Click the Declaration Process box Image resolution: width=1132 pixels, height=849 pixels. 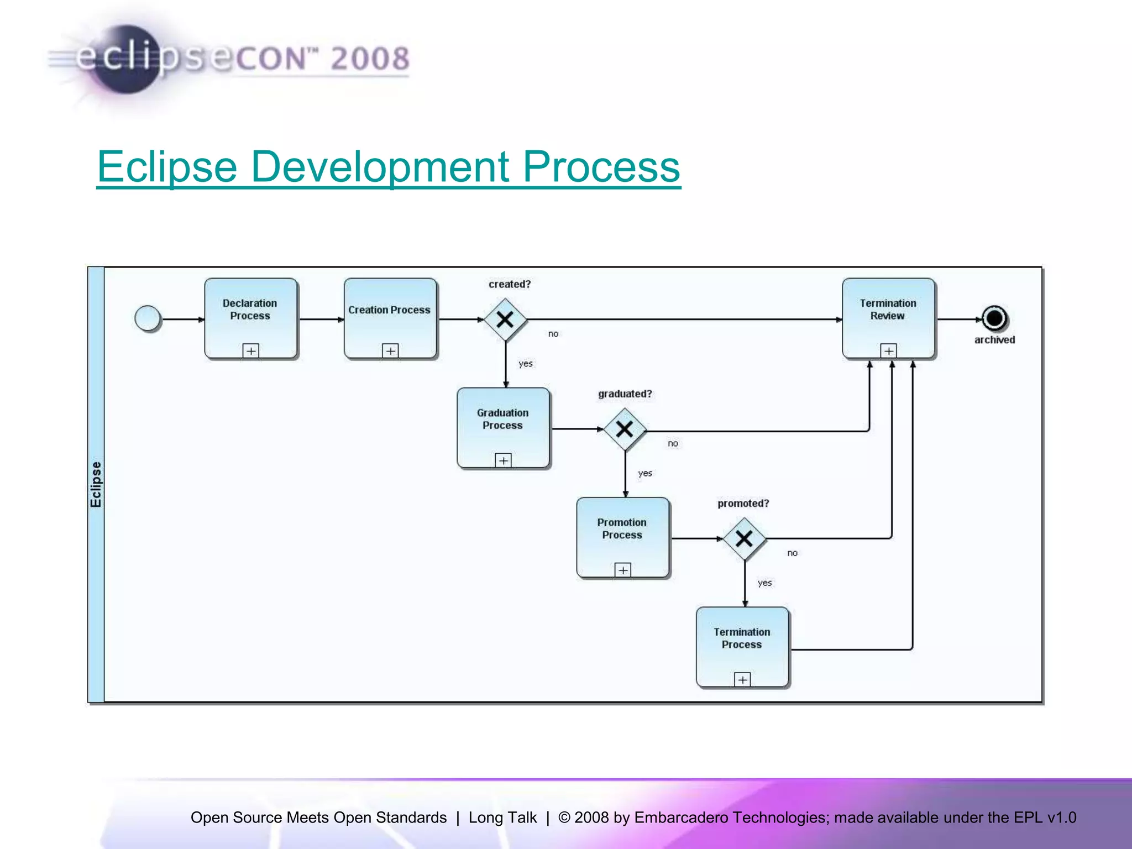click(x=250, y=318)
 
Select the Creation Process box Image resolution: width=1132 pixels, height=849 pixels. click(x=390, y=318)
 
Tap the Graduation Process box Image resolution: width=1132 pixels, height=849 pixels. click(x=503, y=428)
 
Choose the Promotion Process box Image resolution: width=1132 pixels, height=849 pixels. click(x=622, y=537)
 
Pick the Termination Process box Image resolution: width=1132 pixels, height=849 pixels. click(x=742, y=647)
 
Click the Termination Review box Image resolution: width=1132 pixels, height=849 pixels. click(x=888, y=318)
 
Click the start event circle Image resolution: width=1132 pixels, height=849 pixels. click(x=148, y=319)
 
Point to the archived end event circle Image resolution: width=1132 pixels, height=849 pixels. click(x=994, y=318)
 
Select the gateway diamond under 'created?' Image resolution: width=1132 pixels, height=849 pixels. click(x=505, y=319)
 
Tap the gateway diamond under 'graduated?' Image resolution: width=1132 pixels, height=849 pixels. click(x=625, y=429)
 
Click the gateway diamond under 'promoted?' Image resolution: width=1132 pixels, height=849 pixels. click(x=744, y=538)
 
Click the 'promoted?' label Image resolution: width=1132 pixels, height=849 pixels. click(x=743, y=504)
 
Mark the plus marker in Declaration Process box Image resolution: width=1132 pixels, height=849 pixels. click(x=251, y=350)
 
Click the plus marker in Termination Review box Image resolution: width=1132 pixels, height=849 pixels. click(x=888, y=350)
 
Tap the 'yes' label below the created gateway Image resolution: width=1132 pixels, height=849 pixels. click(x=525, y=364)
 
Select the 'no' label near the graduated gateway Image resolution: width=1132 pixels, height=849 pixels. click(x=673, y=443)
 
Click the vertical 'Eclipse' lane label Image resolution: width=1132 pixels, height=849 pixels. click(x=96, y=484)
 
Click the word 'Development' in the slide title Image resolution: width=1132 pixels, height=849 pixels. click(x=380, y=167)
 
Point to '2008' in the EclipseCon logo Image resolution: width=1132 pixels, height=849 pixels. click(x=370, y=59)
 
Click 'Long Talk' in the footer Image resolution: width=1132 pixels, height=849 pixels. click(x=502, y=817)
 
